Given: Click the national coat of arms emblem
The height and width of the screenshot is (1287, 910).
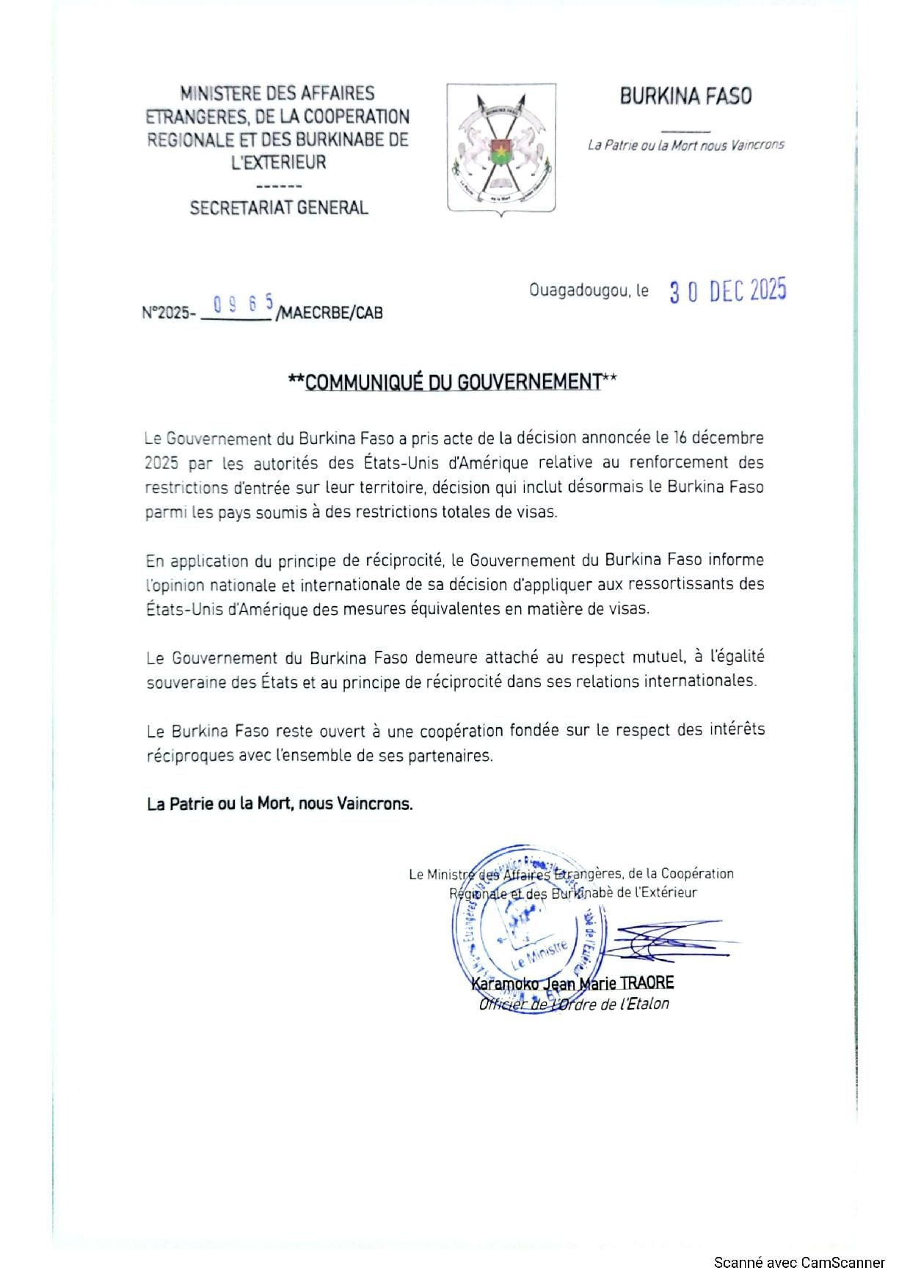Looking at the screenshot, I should click(501, 149).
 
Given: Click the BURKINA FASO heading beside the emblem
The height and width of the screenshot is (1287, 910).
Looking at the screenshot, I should click(685, 96).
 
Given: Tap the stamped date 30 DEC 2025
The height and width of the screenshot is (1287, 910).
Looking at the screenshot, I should click(727, 291).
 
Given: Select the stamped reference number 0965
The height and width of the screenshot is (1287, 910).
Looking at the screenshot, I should click(243, 303).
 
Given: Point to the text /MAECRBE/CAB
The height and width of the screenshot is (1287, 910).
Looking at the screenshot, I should click(330, 313).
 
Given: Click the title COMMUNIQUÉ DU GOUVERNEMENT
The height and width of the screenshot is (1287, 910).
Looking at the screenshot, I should click(453, 382).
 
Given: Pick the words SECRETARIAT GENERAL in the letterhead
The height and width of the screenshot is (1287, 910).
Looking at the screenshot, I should click(279, 208).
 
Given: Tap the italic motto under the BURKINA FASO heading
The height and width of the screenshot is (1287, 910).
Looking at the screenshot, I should click(685, 145).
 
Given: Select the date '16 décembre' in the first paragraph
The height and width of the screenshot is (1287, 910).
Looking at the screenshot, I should click(717, 438).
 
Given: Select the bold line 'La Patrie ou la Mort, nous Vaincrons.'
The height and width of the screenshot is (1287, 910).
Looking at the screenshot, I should click(280, 803).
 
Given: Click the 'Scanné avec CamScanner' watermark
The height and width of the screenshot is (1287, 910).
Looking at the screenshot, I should click(799, 1263).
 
